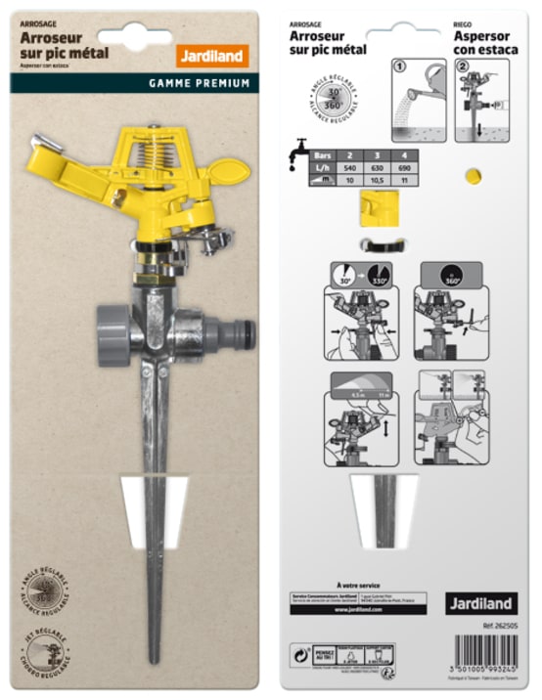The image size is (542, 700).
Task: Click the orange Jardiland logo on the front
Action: point(212,56)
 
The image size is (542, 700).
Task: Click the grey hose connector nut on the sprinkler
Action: point(113,334)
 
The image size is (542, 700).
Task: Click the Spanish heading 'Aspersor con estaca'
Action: point(486,42)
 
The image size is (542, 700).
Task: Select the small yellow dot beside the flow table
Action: point(473,175)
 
